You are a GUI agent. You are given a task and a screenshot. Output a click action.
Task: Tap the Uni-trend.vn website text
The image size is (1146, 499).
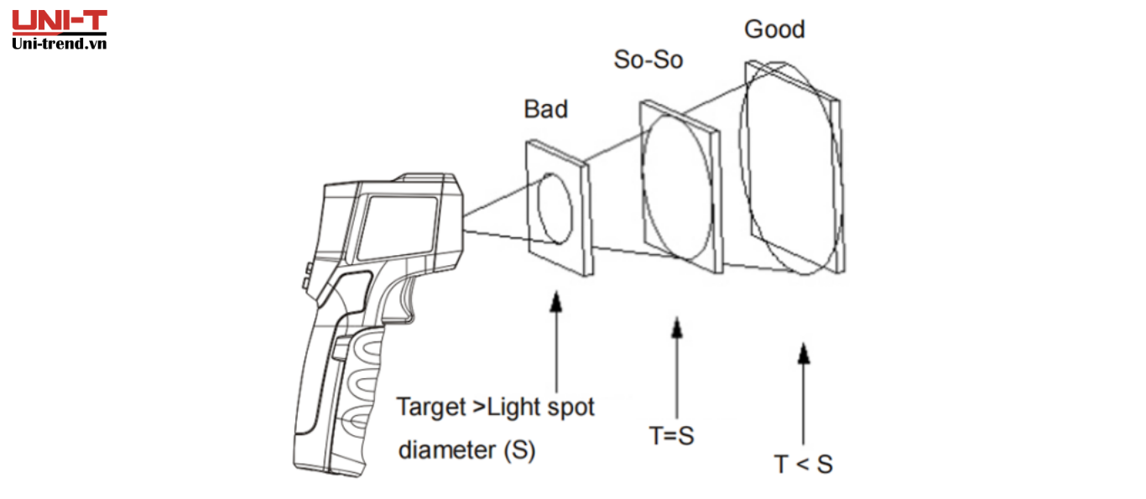click(59, 43)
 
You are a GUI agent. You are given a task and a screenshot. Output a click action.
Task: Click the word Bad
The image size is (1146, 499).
click(545, 109)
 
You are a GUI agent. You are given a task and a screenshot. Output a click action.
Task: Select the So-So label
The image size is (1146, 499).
click(648, 60)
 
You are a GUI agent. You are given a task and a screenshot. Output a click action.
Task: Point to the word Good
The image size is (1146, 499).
click(774, 29)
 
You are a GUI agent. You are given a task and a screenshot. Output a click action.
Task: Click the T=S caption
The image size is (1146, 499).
click(672, 436)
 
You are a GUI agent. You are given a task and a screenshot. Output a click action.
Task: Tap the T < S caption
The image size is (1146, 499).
click(803, 464)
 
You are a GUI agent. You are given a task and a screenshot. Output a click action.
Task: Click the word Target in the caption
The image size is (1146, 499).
click(430, 408)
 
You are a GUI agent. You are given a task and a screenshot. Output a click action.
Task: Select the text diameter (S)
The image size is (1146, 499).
click(466, 450)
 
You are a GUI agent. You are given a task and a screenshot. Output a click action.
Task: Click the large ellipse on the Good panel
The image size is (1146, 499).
click(789, 168)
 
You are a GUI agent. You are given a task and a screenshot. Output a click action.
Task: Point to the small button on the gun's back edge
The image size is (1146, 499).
click(308, 273)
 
